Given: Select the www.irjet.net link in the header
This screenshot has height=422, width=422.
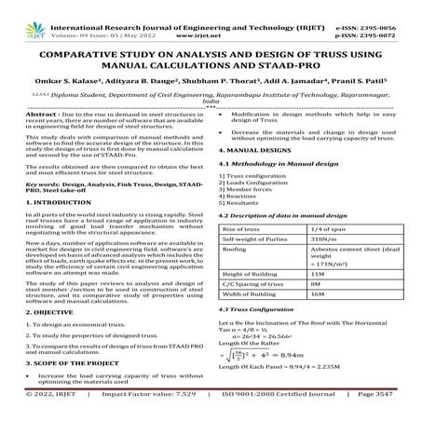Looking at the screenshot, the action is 209,18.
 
